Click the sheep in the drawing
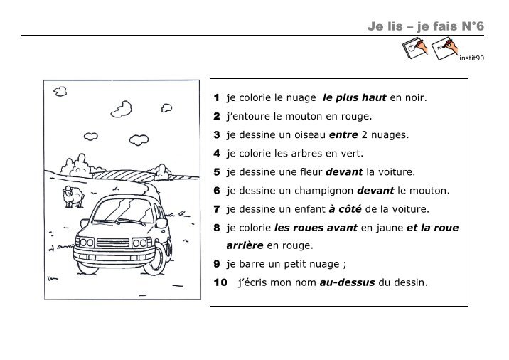pyautogui.click(x=73, y=196)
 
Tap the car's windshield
pyautogui.click(x=124, y=211)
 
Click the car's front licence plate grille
pyautogui.click(x=113, y=243)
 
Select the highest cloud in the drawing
pyautogui.click(x=60, y=91)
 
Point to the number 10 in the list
pyautogui.click(x=220, y=282)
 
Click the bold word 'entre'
pyautogui.click(x=343, y=135)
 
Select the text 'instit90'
pyautogui.click(x=471, y=58)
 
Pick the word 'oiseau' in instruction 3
pyautogui.click(x=310, y=135)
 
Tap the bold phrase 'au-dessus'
pyautogui.click(x=347, y=282)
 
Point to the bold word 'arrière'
pyautogui.click(x=245, y=245)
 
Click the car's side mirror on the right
pyautogui.click(x=161, y=223)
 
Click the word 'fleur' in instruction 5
pyautogui.click(x=311, y=172)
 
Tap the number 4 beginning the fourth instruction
pyautogui.click(x=217, y=154)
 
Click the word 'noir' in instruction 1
pyautogui.click(x=414, y=97)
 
